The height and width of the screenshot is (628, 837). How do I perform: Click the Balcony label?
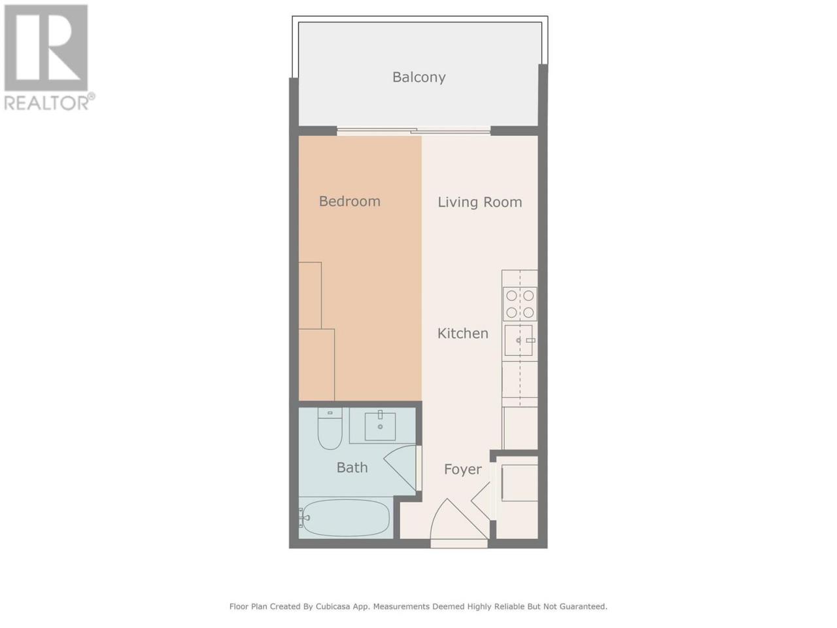(418, 77)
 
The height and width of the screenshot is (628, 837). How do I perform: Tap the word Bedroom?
(350, 201)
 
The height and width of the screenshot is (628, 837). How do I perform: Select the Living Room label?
(480, 202)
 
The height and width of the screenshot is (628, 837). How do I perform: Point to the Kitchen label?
(462, 333)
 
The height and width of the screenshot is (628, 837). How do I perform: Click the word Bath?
(352, 468)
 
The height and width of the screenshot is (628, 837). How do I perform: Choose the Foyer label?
(462, 470)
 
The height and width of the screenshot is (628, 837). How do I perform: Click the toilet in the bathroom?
(330, 428)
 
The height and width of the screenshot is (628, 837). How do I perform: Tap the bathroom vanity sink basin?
(380, 427)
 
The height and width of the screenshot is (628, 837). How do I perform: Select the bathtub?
(345, 517)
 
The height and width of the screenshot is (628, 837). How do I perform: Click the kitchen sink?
(518, 340)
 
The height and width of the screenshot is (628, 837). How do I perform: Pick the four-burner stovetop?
(520, 304)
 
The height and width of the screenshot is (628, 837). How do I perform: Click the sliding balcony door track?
(414, 132)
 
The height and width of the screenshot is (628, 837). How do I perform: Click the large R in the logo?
(46, 47)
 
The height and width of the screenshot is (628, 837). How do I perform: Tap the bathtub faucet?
(304, 517)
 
